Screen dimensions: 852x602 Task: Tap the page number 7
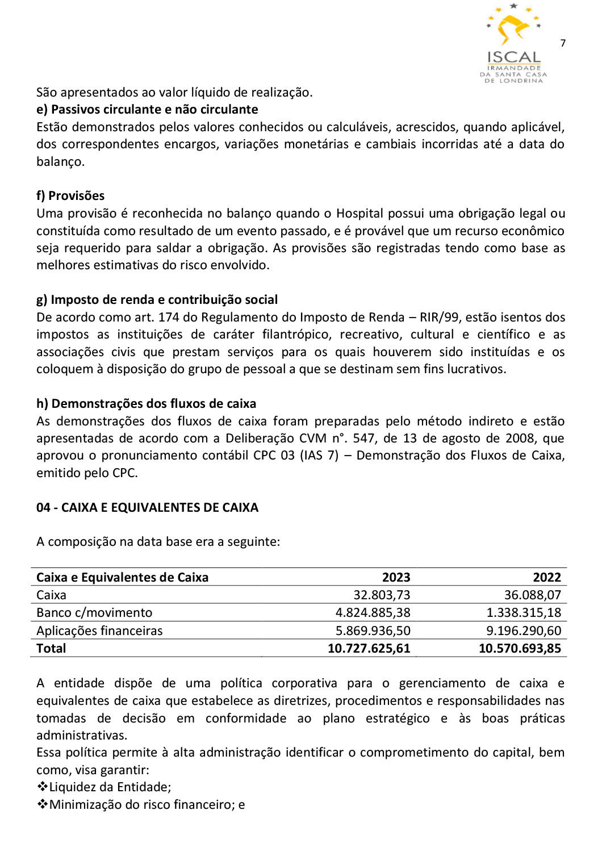563,43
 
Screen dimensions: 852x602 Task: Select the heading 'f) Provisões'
70,196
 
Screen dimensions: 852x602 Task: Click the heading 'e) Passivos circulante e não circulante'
147,110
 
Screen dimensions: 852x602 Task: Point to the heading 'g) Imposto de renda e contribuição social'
157,300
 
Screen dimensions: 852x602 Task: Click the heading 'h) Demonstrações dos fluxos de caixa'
146,404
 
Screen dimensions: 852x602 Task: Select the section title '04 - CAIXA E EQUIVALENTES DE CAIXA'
147,508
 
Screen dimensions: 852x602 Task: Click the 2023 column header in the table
396,578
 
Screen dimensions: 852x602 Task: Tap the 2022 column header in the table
546,578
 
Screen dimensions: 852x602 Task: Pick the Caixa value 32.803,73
382,595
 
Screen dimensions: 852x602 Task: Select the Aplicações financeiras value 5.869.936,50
373,631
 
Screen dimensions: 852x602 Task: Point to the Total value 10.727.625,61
369,649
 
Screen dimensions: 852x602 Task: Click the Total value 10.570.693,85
520,649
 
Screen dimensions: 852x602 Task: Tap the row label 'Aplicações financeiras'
99,631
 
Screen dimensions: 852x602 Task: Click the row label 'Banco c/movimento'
94,613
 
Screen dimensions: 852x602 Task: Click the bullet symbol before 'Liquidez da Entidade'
42,787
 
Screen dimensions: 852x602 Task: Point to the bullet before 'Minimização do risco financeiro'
42,805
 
